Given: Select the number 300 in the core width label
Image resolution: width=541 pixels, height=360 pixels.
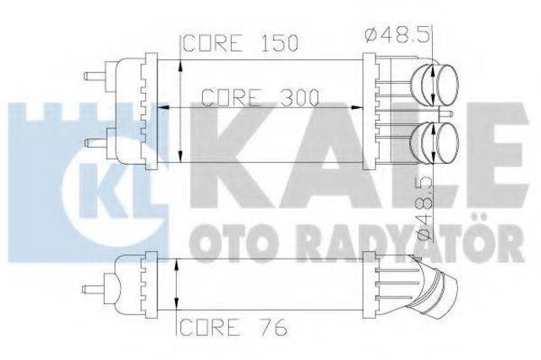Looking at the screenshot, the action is click(298, 97).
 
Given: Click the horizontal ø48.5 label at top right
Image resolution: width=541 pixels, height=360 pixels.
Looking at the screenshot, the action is click(397, 35).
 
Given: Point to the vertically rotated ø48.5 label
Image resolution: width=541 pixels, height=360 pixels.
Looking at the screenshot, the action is click(424, 207).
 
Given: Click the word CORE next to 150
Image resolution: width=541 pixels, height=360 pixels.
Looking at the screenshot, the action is click(212, 43).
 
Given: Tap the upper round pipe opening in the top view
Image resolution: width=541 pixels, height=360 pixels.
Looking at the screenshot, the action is click(447, 85).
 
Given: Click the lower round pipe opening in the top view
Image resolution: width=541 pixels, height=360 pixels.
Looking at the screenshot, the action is click(447, 143).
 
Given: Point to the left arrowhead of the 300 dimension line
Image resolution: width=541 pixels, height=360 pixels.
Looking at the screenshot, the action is click(162, 107).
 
